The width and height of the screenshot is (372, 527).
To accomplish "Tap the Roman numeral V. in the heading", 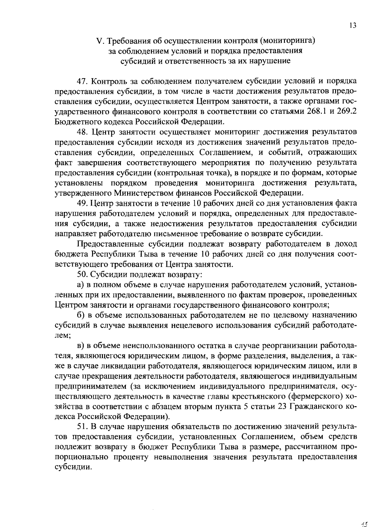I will click(x=100, y=41).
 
